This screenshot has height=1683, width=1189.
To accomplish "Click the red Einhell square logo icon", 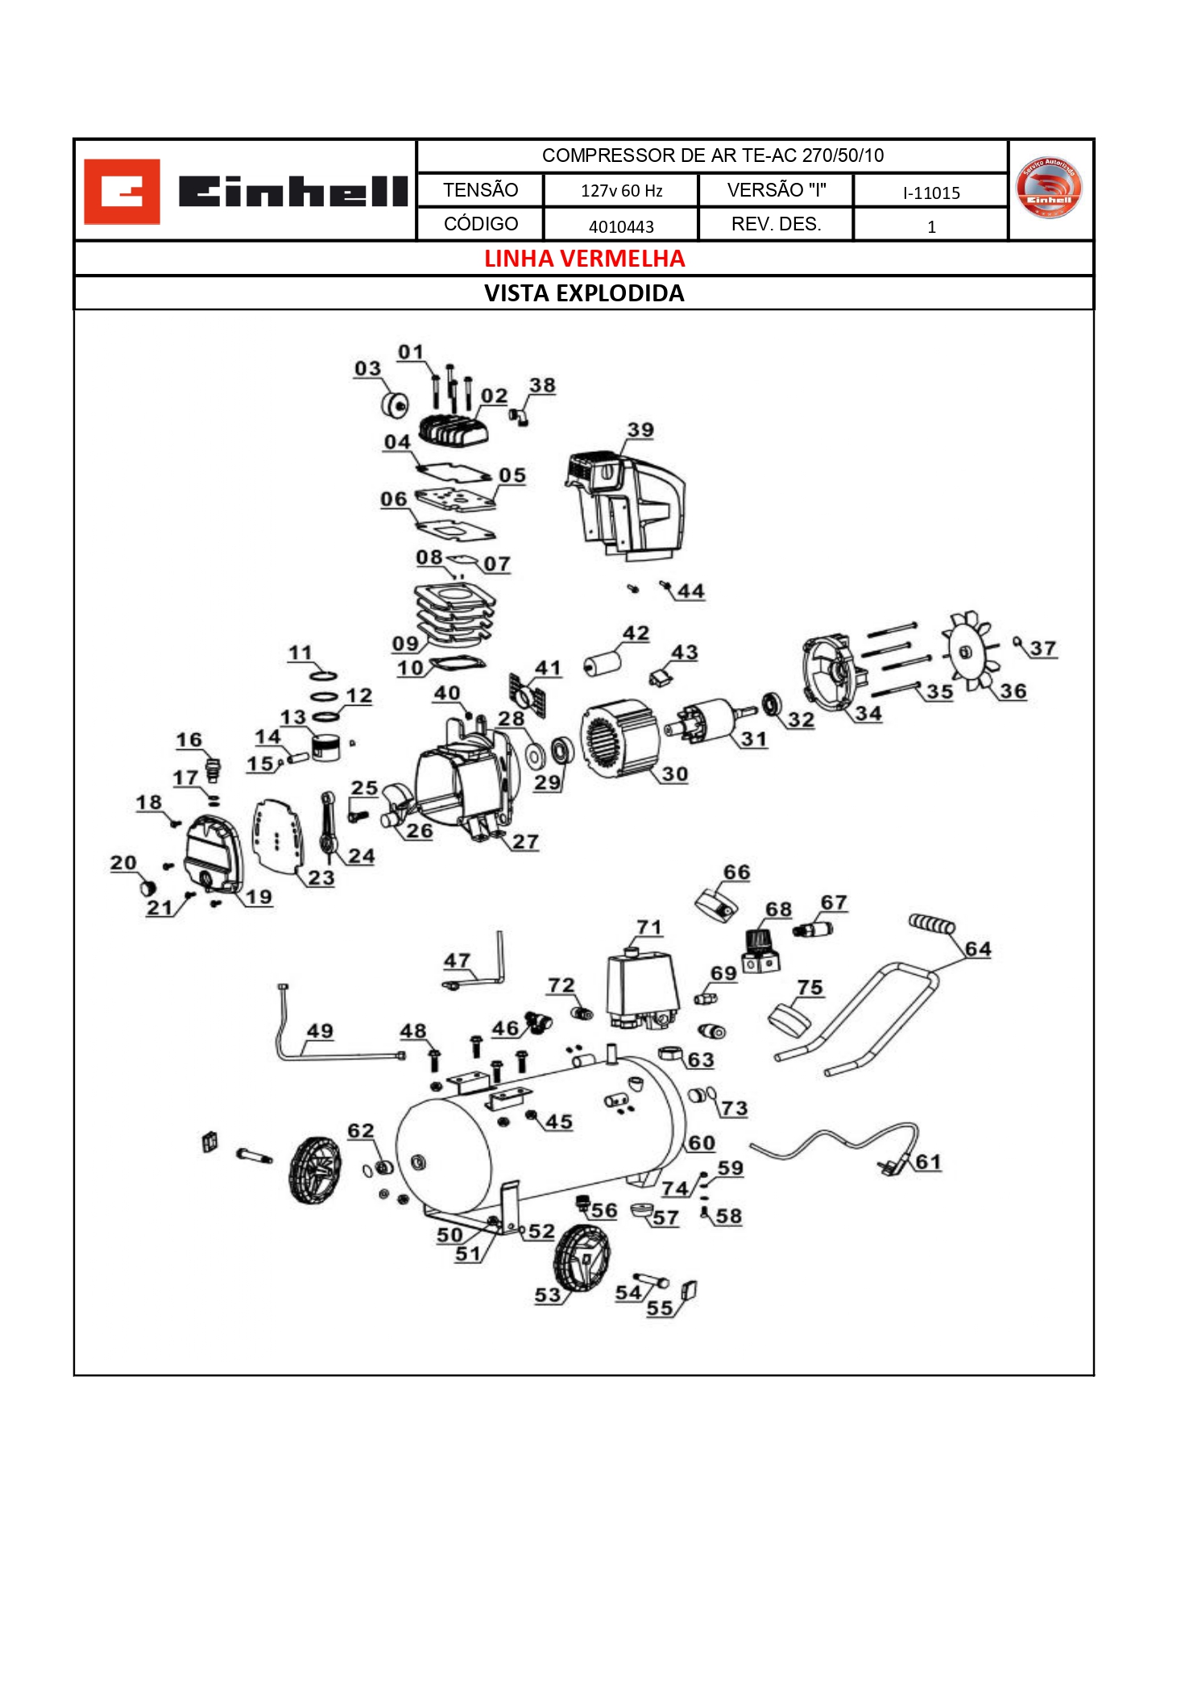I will (x=122, y=191).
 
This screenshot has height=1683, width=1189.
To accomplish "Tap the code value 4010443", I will (x=620, y=226).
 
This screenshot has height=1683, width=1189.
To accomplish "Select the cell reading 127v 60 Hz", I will (x=620, y=191).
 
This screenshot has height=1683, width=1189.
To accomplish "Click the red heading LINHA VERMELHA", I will (x=584, y=259).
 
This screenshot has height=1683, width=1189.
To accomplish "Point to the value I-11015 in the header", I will (x=930, y=193).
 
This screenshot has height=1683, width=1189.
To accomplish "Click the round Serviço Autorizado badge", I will (x=1049, y=189).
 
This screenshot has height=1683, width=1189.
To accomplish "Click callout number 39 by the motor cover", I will (x=640, y=430).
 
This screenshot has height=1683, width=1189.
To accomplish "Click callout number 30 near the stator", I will (x=674, y=774).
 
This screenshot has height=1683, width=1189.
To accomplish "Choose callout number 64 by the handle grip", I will (x=977, y=949).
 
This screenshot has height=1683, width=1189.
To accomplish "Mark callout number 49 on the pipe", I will (x=320, y=1031).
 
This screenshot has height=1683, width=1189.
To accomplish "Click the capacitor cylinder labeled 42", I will (x=603, y=665).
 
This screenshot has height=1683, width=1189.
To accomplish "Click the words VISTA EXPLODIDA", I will (x=584, y=293).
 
